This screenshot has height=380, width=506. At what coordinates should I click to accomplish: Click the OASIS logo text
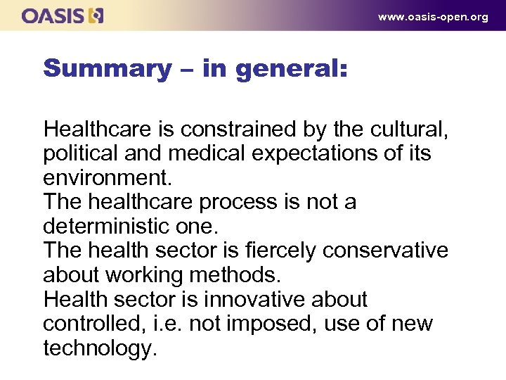(53, 15)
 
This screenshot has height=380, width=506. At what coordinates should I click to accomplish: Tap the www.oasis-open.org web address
(433, 17)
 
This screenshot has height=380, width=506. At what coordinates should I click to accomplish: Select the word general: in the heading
(292, 68)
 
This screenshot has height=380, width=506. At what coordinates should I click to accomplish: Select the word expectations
(330, 153)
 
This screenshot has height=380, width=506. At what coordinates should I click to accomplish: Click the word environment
(105, 177)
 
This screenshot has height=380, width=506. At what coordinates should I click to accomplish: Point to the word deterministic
(108, 226)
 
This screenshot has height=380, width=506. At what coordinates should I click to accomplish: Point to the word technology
(99, 348)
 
